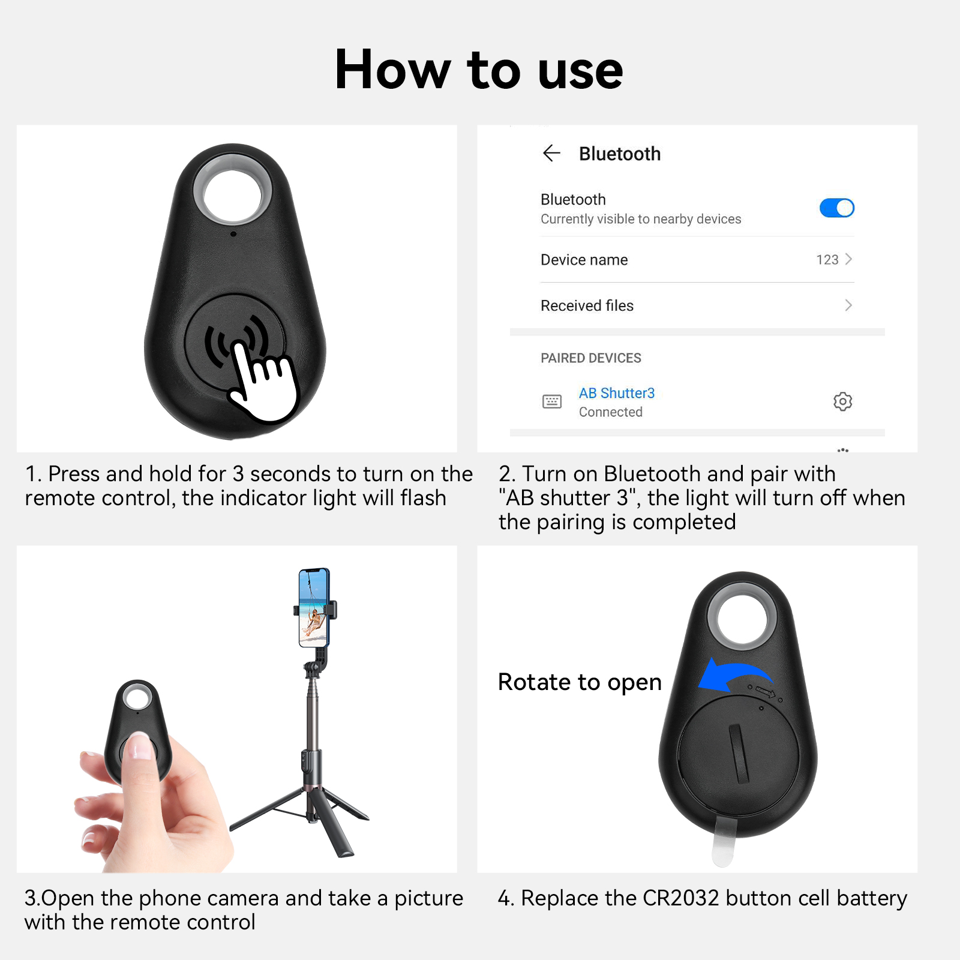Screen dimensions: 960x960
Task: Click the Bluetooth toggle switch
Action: pyautogui.click(x=837, y=208)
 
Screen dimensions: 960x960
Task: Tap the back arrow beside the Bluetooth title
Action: pyautogui.click(x=551, y=154)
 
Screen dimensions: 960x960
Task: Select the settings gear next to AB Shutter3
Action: pyautogui.click(x=843, y=401)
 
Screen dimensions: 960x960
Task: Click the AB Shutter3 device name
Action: pyautogui.click(x=617, y=393)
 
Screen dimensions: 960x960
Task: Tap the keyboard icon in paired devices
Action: pyautogui.click(x=552, y=401)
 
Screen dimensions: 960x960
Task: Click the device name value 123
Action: pyautogui.click(x=827, y=260)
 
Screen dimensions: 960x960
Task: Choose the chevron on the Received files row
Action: pyautogui.click(x=848, y=305)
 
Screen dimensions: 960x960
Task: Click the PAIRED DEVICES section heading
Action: pyautogui.click(x=591, y=358)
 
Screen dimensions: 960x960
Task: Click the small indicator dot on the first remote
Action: pyautogui.click(x=233, y=234)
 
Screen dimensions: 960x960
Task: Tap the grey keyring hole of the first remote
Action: pyautogui.click(x=233, y=188)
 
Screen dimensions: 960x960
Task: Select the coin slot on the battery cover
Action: pyautogui.click(x=740, y=754)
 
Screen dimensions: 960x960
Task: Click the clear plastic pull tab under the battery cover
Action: pyautogui.click(x=724, y=843)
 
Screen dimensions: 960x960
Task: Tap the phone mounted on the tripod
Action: pyautogui.click(x=314, y=608)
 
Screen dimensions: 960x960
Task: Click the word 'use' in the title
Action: pyautogui.click(x=581, y=71)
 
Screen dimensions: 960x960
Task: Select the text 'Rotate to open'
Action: pyautogui.click(x=580, y=682)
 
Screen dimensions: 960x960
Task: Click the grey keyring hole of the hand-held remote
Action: pyautogui.click(x=137, y=698)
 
